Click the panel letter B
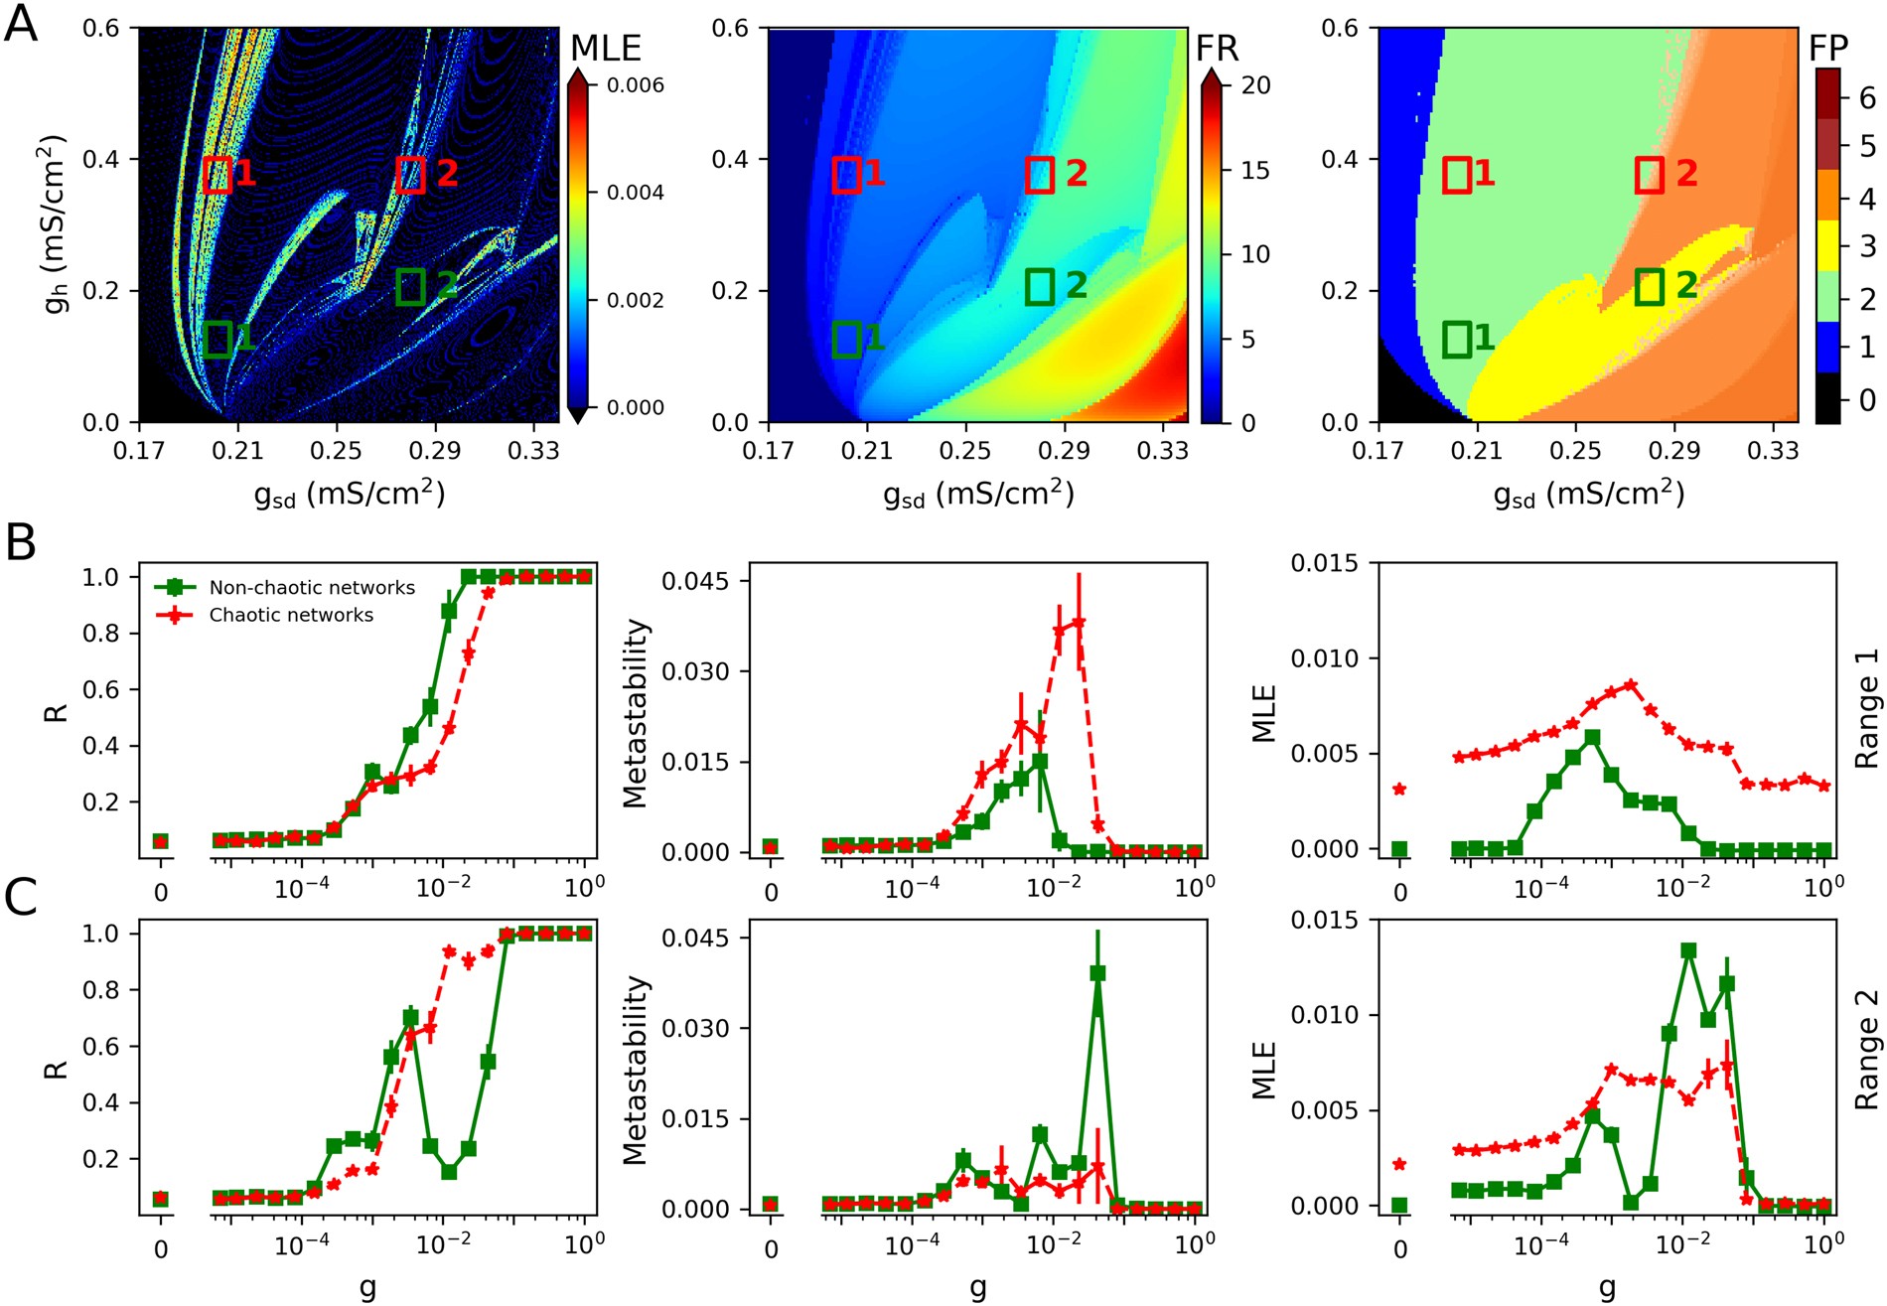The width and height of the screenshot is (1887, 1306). pyautogui.click(x=21, y=543)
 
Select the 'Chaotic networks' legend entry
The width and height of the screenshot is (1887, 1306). pyautogui.click(x=291, y=616)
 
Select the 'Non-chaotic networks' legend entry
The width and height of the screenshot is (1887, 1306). pyautogui.click(x=312, y=588)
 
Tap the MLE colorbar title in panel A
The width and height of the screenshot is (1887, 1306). pyautogui.click(x=606, y=48)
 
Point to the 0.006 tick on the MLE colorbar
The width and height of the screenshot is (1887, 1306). pyautogui.click(x=635, y=85)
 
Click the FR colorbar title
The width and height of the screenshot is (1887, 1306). pyautogui.click(x=1218, y=48)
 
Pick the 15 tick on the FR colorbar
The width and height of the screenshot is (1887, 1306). pyautogui.click(x=1255, y=171)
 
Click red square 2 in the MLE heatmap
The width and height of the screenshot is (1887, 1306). pyautogui.click(x=411, y=175)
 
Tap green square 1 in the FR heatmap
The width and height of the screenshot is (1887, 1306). pyautogui.click(x=846, y=340)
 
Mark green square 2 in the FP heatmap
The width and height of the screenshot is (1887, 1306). pyautogui.click(x=1650, y=287)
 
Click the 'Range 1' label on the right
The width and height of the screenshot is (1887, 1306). pyautogui.click(x=1867, y=709)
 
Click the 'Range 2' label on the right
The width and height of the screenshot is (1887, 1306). pyautogui.click(x=1867, y=1051)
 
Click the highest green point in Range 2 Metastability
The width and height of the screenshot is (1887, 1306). pyautogui.click(x=1097, y=973)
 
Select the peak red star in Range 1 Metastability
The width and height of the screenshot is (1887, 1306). pyautogui.click(x=1079, y=623)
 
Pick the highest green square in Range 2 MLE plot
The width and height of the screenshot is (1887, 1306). pyautogui.click(x=1688, y=951)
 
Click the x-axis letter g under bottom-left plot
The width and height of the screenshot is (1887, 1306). pyautogui.click(x=367, y=1288)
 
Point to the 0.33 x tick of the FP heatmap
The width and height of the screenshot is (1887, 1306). pyautogui.click(x=1772, y=452)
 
